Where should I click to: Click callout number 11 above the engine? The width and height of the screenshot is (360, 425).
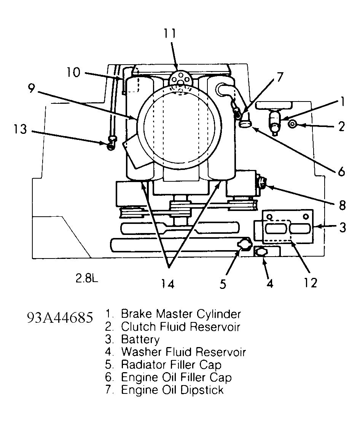[x=170, y=33]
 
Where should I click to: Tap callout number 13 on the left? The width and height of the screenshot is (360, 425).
[x=18, y=129]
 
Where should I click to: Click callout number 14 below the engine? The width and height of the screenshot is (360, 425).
[x=168, y=283]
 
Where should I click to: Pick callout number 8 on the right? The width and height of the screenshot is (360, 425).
[x=342, y=205]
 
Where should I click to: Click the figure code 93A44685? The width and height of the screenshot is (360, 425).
[x=60, y=317]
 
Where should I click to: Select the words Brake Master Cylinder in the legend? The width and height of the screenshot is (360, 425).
[x=181, y=314]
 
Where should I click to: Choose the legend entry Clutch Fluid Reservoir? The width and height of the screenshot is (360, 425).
[x=180, y=327]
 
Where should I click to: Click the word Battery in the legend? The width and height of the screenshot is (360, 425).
[x=140, y=339]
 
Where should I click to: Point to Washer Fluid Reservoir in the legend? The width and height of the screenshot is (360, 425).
[x=183, y=352]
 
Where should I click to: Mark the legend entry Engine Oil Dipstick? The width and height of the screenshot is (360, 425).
[x=172, y=390]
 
